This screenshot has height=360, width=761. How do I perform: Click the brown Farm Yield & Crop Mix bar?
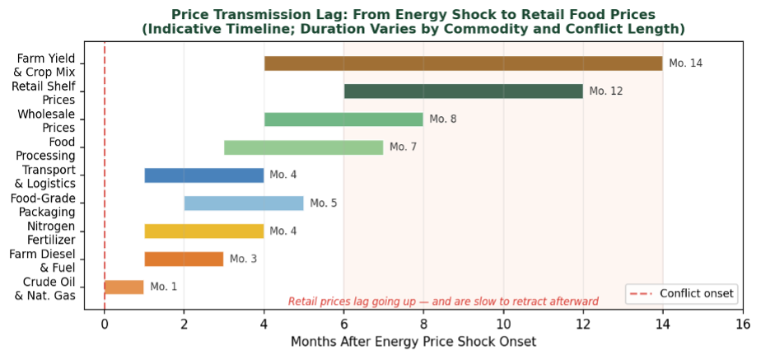pyautogui.click(x=463, y=63)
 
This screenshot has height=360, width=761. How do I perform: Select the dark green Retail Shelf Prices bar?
pyautogui.click(x=463, y=91)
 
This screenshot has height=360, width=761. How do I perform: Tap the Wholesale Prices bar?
pyautogui.click(x=343, y=119)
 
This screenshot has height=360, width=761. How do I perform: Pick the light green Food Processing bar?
pyautogui.click(x=303, y=147)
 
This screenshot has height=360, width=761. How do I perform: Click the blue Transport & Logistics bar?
pyautogui.click(x=203, y=175)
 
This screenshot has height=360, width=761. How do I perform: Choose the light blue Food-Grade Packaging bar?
pyautogui.click(x=244, y=203)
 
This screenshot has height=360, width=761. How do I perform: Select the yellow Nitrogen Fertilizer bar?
pyautogui.click(x=203, y=231)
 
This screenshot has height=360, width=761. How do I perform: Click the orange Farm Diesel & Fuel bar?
pyautogui.click(x=184, y=259)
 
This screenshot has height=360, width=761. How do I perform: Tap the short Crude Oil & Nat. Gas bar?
pyautogui.click(x=124, y=287)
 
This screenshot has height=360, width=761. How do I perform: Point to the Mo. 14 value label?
pyautogui.click(x=685, y=63)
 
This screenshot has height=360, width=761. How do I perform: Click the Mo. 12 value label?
pyautogui.click(x=605, y=91)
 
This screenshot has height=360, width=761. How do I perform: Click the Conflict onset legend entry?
pyautogui.click(x=680, y=293)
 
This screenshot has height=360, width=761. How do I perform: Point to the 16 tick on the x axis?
pyautogui.click(x=742, y=324)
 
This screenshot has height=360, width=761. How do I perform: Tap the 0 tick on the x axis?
pyautogui.click(x=105, y=324)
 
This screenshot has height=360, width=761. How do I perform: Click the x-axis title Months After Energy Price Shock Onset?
pyautogui.click(x=413, y=342)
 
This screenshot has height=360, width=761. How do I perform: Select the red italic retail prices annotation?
pyautogui.click(x=443, y=302)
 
